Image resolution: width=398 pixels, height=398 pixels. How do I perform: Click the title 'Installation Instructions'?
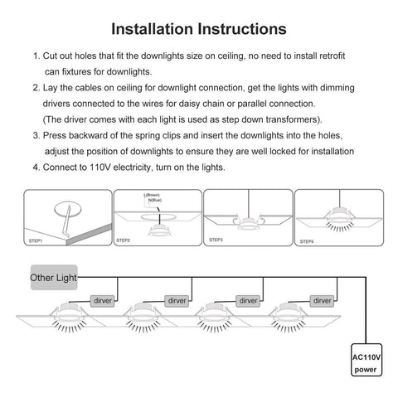click(x=199, y=29)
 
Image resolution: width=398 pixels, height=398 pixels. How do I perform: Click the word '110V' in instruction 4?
click(x=93, y=167)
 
